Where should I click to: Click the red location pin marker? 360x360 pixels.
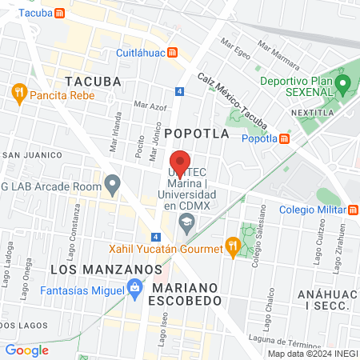click(x=180, y=161)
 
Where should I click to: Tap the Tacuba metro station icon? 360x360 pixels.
click(x=60, y=14)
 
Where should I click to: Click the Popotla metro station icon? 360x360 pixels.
click(x=286, y=138)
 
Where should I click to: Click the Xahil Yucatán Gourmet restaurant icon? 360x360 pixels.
click(x=233, y=249)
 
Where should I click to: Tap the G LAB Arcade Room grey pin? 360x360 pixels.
click(x=113, y=186)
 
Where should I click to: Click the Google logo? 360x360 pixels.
click(x=26, y=350)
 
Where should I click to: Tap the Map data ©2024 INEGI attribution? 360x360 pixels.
click(x=312, y=354)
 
